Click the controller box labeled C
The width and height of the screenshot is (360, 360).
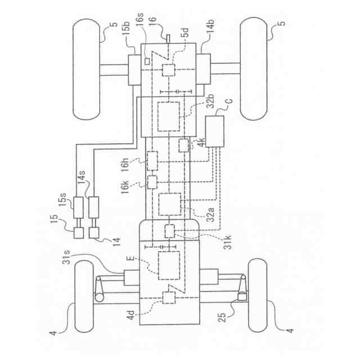tap(215, 131)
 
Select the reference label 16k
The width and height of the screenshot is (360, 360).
tap(125, 187)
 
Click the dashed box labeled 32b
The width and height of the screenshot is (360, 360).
tap(169, 116)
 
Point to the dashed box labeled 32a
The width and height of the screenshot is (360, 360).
tap(170, 204)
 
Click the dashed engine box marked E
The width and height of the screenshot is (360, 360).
tap(169, 265)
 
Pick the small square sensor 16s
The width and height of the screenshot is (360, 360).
tap(147, 61)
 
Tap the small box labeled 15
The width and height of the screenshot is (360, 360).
tap(79, 232)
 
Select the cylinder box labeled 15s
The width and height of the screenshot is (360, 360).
tap(78, 208)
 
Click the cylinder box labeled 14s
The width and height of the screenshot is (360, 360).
tap(94, 207)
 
